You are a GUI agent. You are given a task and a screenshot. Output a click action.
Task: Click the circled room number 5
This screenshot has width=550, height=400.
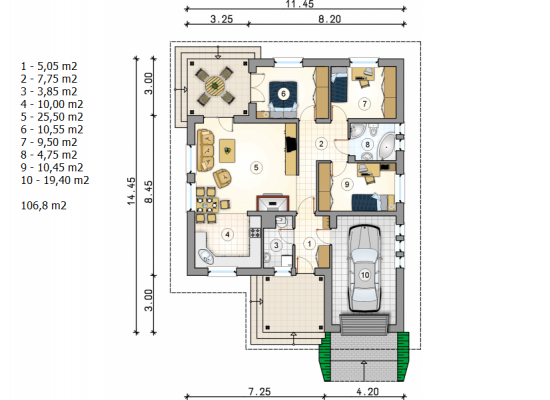tap(256, 167)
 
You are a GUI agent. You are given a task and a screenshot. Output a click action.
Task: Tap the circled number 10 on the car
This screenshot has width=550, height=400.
tap(365, 275)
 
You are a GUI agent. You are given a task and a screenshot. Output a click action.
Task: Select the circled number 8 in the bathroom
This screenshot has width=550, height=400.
tap(367, 144)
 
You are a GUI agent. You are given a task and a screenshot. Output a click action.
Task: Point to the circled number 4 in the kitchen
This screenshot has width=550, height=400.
tap(227, 234)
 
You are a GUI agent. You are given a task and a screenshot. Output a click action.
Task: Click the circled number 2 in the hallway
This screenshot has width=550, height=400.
tap(321, 143)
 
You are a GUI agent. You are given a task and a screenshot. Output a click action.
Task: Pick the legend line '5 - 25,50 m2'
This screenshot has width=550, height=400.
tap(52, 117)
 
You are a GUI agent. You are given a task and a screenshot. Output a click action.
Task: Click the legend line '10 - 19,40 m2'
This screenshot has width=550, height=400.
tap(55, 180)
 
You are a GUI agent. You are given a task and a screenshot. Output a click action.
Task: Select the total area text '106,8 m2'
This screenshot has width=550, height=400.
tap(44, 205)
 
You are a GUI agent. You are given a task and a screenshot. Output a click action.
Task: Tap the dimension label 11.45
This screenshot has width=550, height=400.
tap(300, 4)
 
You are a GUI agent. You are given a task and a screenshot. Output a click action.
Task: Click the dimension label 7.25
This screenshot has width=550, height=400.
tap(260, 391)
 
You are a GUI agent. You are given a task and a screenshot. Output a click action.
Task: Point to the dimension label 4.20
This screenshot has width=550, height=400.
tap(368, 391)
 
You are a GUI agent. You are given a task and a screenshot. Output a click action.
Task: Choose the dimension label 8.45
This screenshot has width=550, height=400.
tap(148, 192)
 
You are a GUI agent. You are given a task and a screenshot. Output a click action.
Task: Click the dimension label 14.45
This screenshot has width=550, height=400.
tap(131, 191)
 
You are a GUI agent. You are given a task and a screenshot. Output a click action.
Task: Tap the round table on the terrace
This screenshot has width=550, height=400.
tap(214, 85)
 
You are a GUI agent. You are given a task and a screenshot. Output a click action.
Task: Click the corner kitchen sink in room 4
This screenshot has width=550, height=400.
tap(206, 256)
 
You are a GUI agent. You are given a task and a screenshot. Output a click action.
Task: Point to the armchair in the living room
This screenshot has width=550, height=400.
tap(222, 178)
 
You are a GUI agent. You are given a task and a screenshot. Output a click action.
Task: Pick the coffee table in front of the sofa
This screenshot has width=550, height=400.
tap(227, 151)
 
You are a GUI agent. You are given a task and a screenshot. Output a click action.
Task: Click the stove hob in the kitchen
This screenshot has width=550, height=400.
tap(255, 232)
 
